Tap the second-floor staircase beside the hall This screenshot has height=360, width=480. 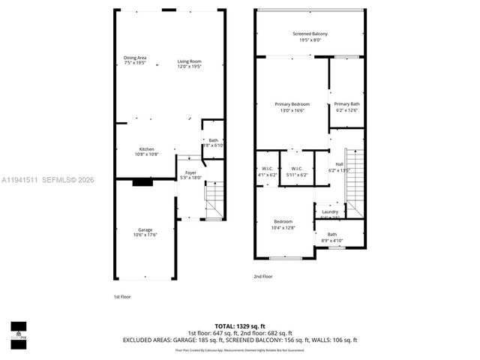pyautogui.click(x=353, y=176)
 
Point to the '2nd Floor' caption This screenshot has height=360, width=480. pyautogui.click(x=262, y=277)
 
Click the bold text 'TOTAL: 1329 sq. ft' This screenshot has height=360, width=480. pyautogui.click(x=239, y=326)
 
